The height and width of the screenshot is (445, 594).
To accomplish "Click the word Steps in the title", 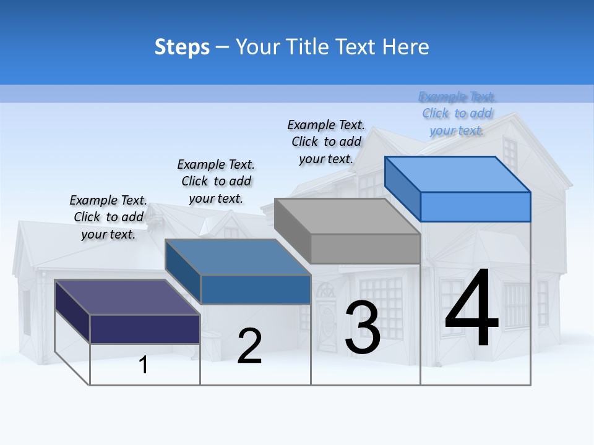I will point(182,47).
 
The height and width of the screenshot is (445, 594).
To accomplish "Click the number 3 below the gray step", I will point(363,328).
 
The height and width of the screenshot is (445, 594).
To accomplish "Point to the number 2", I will point(249,346).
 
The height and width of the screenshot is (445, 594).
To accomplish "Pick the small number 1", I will point(144,365).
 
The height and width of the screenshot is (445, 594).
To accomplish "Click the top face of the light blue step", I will point(458,174).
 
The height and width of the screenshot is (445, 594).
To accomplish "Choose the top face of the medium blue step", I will point(238,257).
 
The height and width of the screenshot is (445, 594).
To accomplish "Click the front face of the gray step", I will point(365,249).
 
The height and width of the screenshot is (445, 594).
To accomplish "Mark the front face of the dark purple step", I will point(145,329).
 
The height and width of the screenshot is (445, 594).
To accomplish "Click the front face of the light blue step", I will point(475,206).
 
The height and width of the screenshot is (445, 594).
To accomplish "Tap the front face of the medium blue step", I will point(255,289).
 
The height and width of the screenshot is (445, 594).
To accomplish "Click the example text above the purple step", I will point(108,217).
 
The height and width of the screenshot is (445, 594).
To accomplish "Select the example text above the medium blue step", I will point(216,181).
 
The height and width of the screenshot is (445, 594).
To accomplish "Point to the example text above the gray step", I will point(326,142).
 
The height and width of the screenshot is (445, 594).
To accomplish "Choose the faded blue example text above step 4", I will point(457,114).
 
